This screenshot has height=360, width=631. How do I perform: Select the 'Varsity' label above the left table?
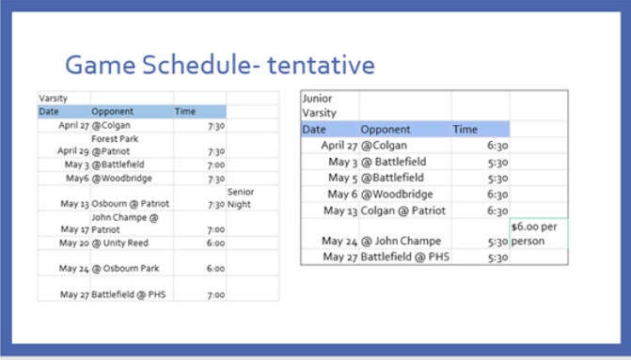click(53, 98)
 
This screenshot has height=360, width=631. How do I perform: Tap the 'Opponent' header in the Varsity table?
click(112, 111)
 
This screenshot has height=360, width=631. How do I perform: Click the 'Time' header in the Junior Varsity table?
click(465, 129)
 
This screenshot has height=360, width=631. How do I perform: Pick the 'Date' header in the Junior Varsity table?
click(314, 129)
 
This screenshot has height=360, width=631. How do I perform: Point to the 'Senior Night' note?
click(241, 197)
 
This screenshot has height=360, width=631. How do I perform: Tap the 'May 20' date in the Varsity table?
click(73, 242)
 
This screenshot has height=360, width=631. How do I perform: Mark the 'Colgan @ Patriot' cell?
click(402, 210)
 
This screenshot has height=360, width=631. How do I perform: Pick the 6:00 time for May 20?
click(215, 242)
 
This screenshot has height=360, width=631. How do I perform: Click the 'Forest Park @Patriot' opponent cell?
click(115, 144)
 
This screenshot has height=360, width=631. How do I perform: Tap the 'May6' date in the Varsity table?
click(80, 178)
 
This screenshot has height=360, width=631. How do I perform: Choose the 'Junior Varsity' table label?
click(320, 105)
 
